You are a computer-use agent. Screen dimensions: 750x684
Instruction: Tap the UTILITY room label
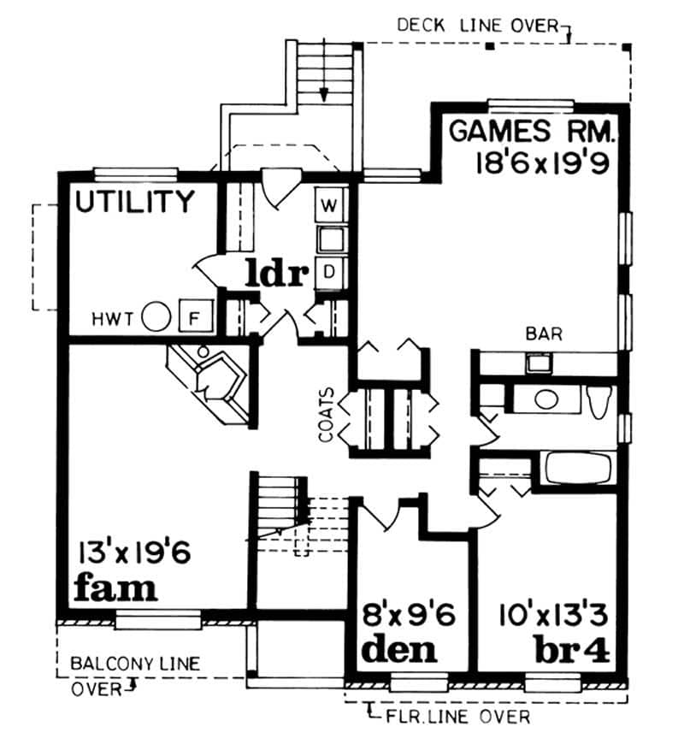(x=135, y=202)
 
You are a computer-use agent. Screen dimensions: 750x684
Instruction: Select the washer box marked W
(x=330, y=204)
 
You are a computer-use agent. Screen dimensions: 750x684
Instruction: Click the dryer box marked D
(x=330, y=272)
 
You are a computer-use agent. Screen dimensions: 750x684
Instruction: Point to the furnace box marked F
(x=193, y=318)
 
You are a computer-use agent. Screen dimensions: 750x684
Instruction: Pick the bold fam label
(x=115, y=588)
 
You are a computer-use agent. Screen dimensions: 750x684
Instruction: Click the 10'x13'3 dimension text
(x=555, y=615)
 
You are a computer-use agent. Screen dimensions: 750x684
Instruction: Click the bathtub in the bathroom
(x=577, y=470)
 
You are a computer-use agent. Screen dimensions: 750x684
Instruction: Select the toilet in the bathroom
(x=599, y=399)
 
